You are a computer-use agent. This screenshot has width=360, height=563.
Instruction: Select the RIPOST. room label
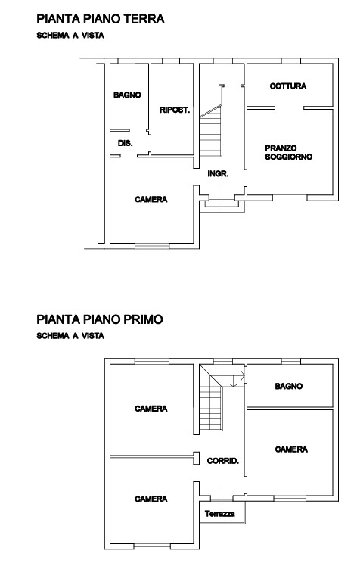174,110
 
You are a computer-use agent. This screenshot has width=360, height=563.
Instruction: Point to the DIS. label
125,143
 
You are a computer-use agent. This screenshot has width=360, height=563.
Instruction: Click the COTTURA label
288,86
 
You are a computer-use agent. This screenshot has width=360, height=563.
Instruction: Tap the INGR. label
218,173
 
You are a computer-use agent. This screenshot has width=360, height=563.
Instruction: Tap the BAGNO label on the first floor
289,386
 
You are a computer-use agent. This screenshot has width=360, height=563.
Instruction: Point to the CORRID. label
223,460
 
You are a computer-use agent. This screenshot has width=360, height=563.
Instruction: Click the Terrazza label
220,514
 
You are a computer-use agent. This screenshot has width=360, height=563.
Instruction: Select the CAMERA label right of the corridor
290,449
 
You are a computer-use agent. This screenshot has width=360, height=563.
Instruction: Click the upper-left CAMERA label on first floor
151,409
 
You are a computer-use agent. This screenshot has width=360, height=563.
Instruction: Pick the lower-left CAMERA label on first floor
151,499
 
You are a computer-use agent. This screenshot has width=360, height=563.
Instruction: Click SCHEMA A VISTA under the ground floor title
70,35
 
